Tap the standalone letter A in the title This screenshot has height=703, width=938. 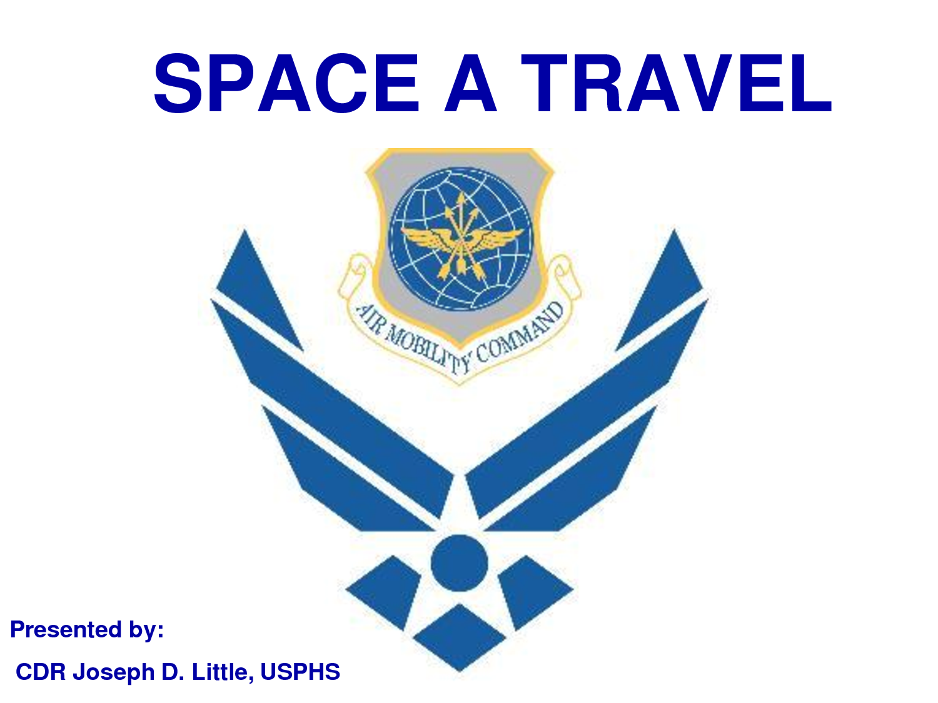pos(470,84)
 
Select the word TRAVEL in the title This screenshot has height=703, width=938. pos(677,84)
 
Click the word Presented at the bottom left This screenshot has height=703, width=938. pos(66,629)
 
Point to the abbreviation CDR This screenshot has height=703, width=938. pos(41,672)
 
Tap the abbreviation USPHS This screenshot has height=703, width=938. pos(300,672)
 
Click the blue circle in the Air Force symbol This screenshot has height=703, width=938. pos(460,563)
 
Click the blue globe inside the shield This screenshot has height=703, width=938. pos(461,239)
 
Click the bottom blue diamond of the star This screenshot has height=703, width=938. pos(460,637)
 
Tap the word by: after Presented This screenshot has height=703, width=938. pos(146,630)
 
